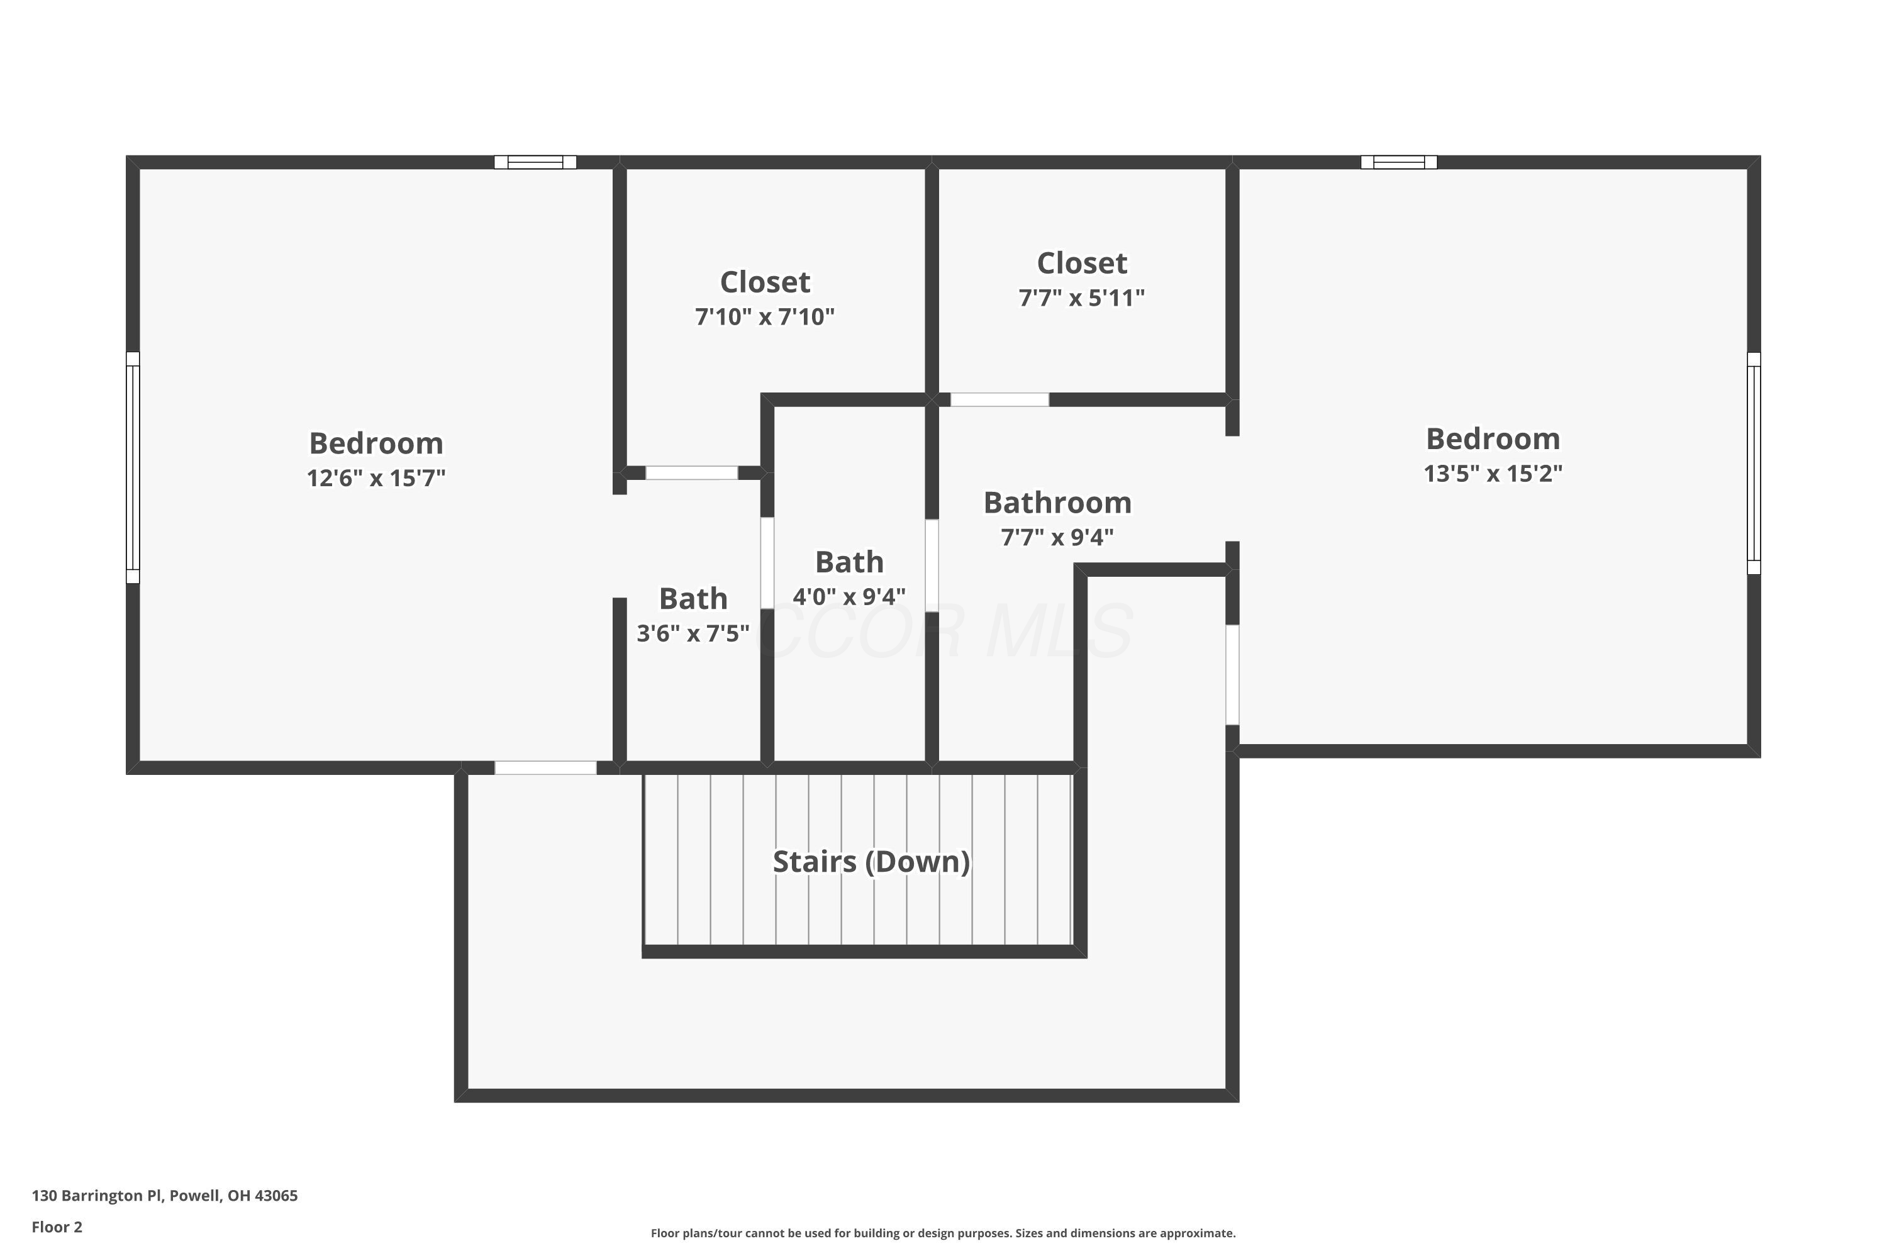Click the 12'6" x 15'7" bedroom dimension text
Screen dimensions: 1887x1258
(x=376, y=478)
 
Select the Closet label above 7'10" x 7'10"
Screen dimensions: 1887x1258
(x=765, y=282)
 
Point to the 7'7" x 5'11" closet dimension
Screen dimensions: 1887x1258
(x=1081, y=298)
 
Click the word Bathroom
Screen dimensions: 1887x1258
(x=1057, y=503)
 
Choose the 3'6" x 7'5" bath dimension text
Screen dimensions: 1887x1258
(x=693, y=634)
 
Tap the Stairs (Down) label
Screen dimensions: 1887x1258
(x=871, y=862)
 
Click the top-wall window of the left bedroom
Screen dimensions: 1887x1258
(x=535, y=162)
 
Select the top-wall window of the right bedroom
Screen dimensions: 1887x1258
(x=1398, y=162)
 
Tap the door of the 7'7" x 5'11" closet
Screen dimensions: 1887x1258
(x=999, y=399)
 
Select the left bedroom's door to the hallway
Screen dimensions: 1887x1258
(x=545, y=768)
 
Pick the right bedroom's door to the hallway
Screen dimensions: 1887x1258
(x=1232, y=675)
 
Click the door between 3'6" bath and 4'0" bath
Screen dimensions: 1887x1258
(x=767, y=562)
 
